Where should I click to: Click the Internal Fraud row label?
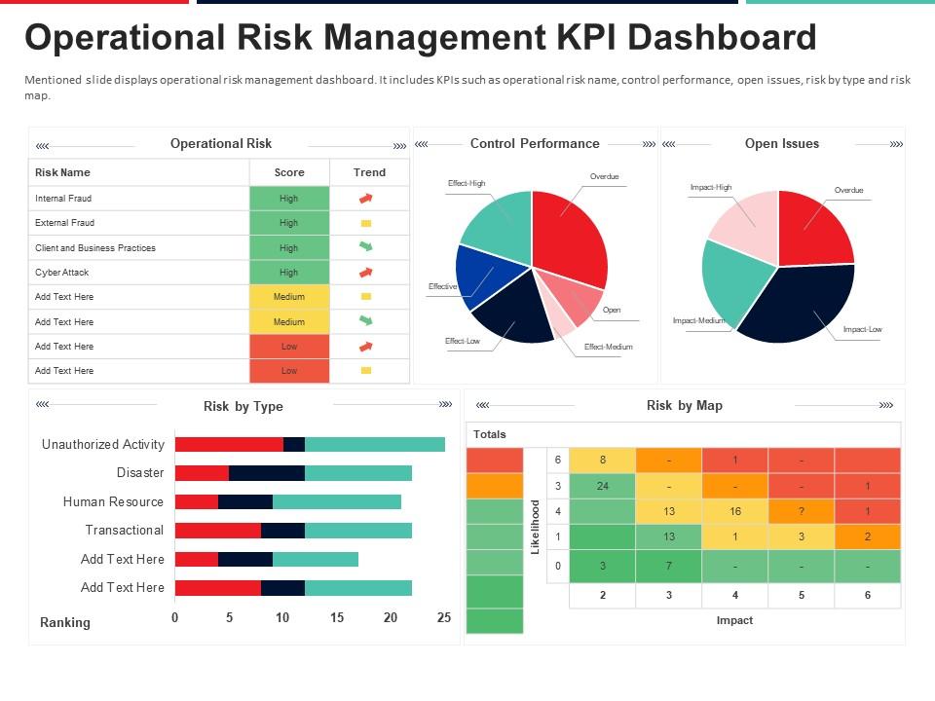[63, 199]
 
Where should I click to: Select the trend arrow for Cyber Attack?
[366, 273]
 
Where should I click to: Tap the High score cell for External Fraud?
[289, 223]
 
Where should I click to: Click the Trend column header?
[369, 172]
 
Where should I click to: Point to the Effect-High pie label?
[467, 183]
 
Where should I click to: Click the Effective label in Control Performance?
[442, 287]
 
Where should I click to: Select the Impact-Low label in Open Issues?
[862, 329]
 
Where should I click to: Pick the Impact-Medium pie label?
[699, 320]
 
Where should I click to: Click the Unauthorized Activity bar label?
[103, 444]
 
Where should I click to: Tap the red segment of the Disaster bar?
[202, 473]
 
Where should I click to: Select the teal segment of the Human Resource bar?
[336, 501]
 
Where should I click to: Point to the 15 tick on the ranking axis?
[337, 617]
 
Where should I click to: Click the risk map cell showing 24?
[602, 485]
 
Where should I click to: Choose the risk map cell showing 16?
[734, 510]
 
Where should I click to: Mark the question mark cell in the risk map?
[801, 510]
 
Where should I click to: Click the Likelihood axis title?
[535, 528]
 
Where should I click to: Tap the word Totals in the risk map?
[490, 434]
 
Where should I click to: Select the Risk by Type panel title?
[243, 406]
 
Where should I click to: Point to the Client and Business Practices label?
[95, 248]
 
